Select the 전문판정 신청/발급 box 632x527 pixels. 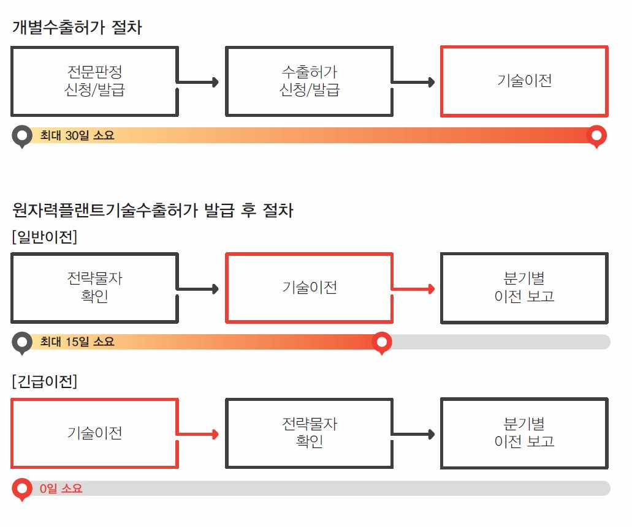coord(94,81)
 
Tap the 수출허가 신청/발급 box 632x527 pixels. coord(309,81)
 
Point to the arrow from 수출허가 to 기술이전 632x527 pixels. coord(414,81)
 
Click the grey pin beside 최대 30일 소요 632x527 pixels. coord(23,135)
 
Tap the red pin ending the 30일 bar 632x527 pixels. coord(596,135)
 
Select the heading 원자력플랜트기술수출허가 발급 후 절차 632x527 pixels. coord(153,211)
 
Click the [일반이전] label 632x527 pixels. coord(44,237)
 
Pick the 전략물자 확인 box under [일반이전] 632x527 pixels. coord(94,288)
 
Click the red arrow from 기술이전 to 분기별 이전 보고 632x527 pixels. coord(414,288)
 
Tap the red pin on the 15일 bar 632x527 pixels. coord(383,342)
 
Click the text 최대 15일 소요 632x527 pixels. coord(77,342)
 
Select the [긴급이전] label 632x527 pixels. coord(44,383)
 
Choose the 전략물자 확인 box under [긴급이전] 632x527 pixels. coord(309,432)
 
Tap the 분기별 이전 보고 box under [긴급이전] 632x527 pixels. coord(524,432)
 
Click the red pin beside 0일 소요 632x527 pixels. coord(23,488)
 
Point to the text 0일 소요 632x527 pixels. coord(61,488)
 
